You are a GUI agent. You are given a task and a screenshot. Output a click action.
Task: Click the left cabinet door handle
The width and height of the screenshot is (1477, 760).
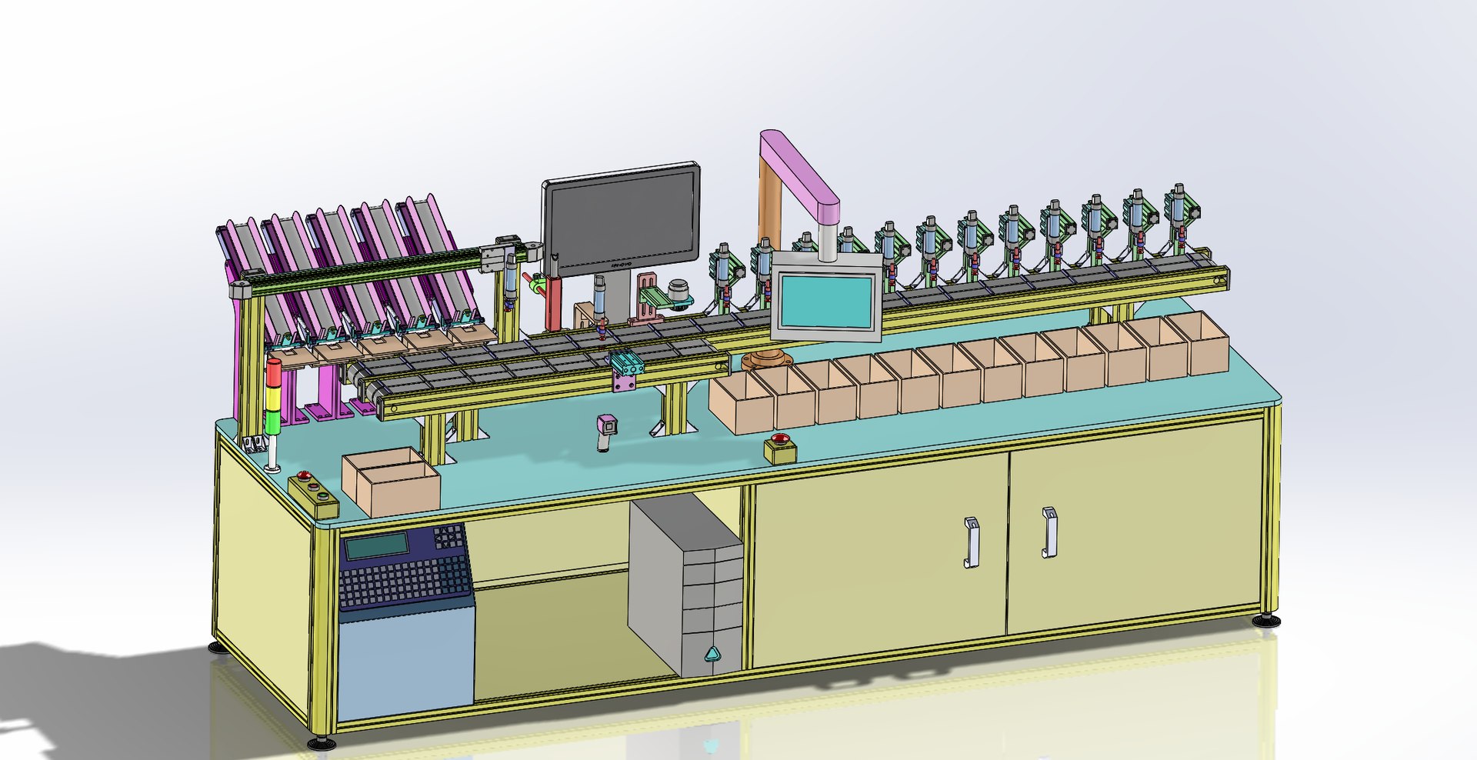click(x=972, y=543)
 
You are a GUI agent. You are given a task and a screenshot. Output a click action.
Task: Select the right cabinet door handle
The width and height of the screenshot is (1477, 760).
click(x=1049, y=532)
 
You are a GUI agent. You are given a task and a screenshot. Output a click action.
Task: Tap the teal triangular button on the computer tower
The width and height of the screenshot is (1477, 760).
click(x=712, y=654)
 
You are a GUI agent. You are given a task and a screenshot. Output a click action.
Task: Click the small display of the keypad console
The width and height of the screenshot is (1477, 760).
click(x=377, y=546)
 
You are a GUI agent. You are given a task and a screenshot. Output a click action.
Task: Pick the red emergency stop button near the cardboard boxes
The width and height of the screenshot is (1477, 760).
click(x=779, y=441)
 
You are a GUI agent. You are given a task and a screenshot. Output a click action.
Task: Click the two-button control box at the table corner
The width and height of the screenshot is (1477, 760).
click(x=314, y=495)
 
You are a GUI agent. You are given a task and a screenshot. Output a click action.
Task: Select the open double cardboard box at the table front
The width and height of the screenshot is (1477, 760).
click(x=391, y=482)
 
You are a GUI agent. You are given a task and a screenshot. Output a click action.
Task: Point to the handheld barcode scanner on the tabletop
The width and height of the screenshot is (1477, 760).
click(x=608, y=431)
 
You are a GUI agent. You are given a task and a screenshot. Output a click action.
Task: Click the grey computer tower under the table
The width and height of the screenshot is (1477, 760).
click(x=685, y=585)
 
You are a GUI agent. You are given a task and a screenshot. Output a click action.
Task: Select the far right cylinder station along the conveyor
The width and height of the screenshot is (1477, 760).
click(x=1179, y=219)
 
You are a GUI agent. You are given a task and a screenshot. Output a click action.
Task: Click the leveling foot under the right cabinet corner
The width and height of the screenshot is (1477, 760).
click(x=1265, y=619)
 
